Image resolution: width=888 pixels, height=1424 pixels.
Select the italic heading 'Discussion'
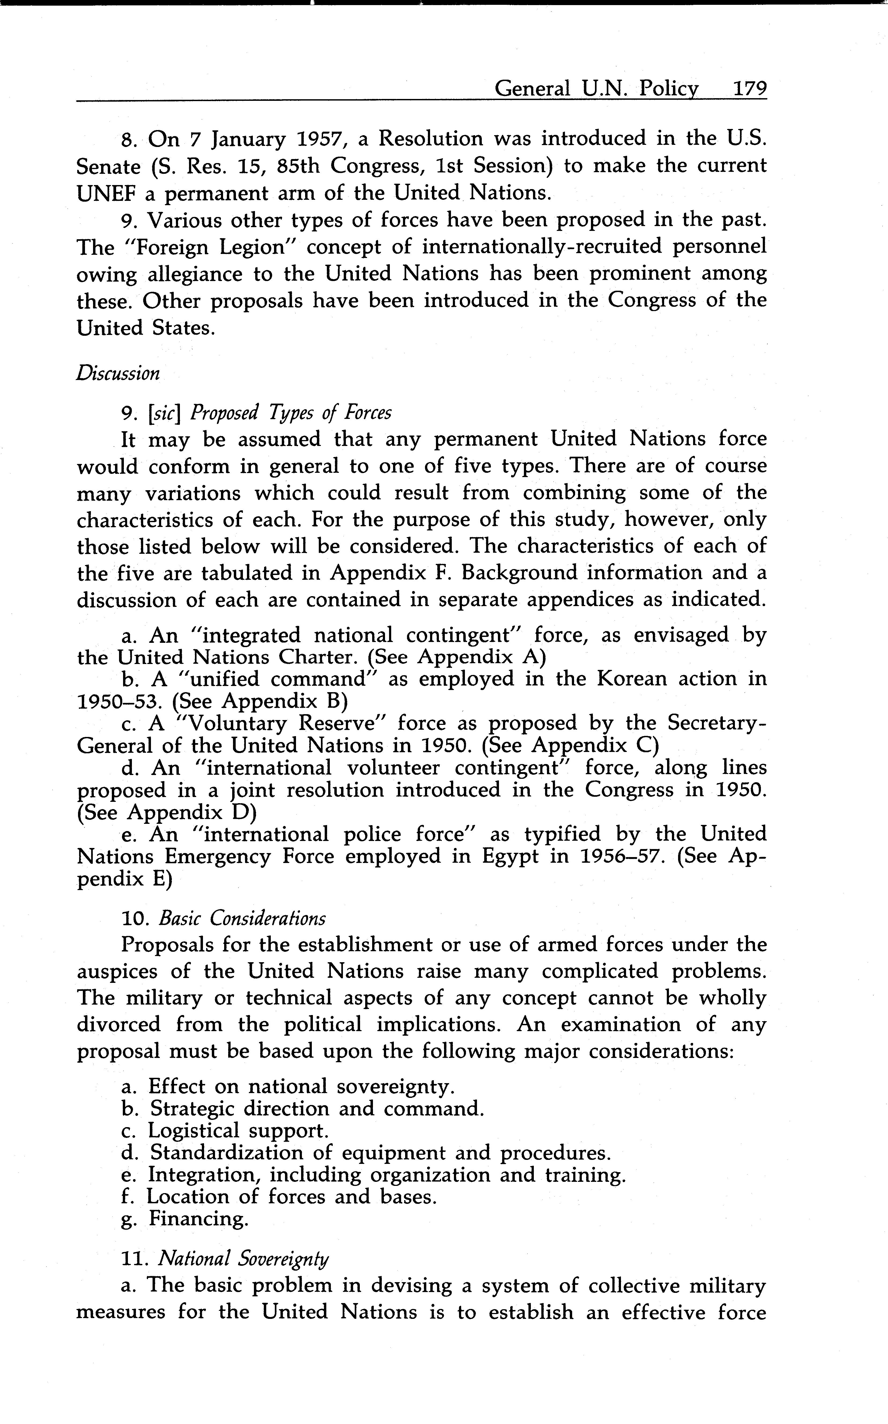[117, 374]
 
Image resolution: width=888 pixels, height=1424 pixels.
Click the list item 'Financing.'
[198, 1219]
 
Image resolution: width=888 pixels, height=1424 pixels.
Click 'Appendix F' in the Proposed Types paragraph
[385, 573]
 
